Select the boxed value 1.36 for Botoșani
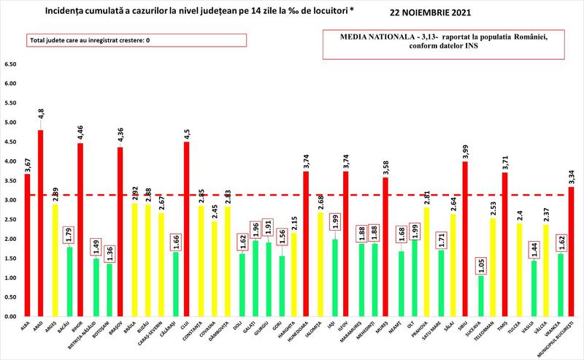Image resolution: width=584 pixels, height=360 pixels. (107, 250)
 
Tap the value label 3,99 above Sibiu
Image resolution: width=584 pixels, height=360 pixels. (464, 150)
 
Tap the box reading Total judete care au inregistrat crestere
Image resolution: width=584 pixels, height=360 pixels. (89, 41)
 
